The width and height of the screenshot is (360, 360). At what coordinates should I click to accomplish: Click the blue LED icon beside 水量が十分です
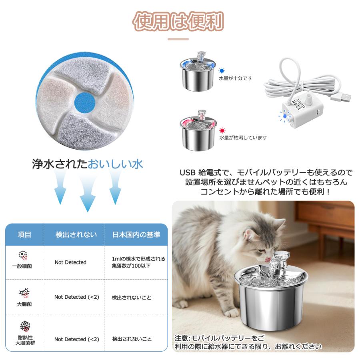click(222, 71)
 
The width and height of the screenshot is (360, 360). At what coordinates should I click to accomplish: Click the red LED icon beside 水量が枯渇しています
click(222, 130)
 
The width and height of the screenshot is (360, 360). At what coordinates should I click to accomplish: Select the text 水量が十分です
click(235, 78)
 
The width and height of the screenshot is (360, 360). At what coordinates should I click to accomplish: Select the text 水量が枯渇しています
click(242, 138)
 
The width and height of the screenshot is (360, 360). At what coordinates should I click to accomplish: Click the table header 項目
click(24, 234)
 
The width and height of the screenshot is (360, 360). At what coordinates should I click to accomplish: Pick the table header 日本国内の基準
click(136, 234)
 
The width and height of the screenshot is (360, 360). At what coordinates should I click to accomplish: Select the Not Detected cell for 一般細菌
click(70, 262)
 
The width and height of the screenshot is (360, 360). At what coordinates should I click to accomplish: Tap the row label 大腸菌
click(24, 304)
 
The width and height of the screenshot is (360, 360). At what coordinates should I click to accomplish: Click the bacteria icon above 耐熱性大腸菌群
click(25, 326)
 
